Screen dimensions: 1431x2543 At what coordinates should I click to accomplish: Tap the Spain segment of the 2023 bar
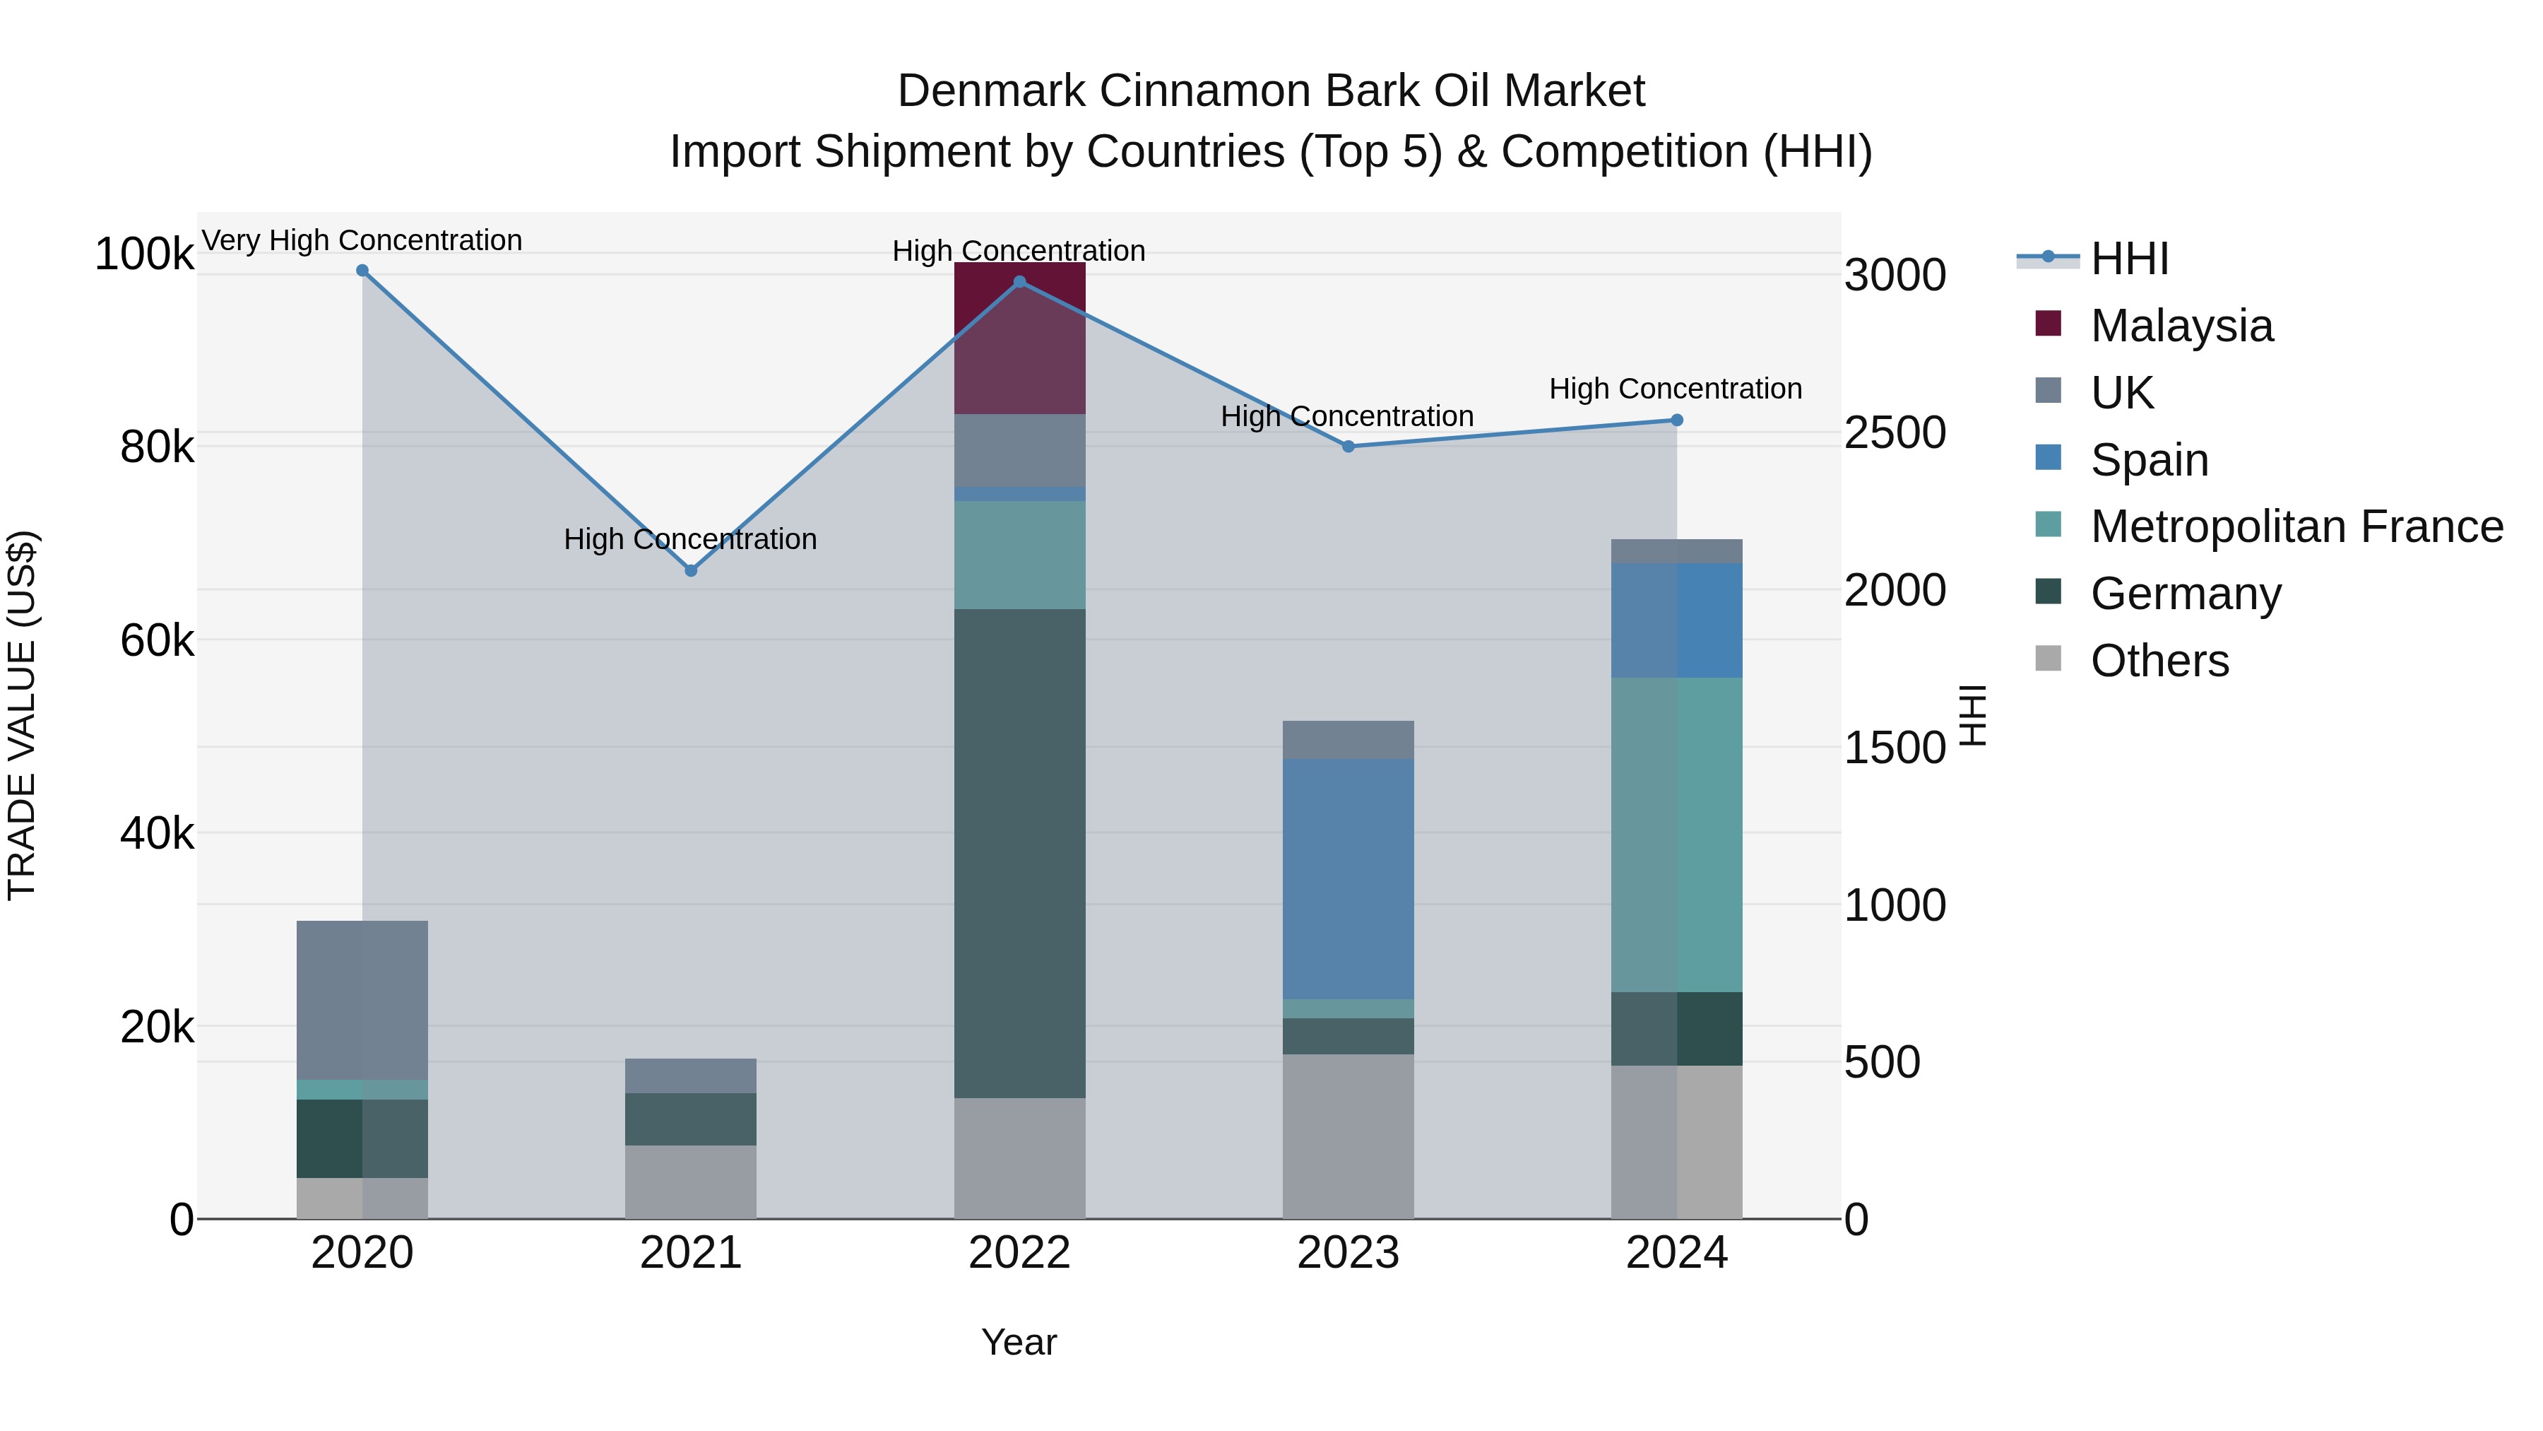click(1348, 879)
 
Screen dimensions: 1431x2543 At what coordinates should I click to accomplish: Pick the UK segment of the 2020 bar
click(362, 1001)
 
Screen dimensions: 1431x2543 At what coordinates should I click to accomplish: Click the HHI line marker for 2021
click(691, 571)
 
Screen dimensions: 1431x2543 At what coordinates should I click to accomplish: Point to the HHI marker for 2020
click(362, 271)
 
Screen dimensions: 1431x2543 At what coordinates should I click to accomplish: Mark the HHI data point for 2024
click(1676, 420)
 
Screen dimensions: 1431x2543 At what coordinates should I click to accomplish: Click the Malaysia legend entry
click(2182, 326)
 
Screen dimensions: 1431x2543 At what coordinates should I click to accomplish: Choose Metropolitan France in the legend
click(2296, 526)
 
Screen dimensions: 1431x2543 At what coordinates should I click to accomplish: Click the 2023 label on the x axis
click(1348, 1253)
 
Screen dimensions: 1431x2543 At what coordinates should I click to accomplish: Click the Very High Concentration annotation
click(362, 241)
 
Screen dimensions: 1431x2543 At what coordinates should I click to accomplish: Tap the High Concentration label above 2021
click(691, 539)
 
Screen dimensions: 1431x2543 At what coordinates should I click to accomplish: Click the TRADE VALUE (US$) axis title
click(22, 715)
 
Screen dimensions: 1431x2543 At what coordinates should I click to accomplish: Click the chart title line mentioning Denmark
click(1271, 91)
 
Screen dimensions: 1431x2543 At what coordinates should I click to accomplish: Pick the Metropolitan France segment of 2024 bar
click(1676, 835)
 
